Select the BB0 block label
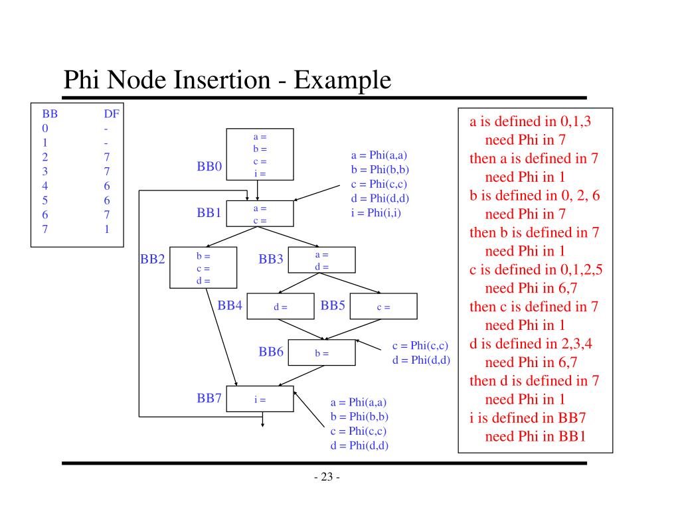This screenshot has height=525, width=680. coord(209,167)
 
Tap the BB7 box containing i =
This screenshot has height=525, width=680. coord(260,399)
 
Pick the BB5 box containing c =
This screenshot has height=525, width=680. coord(383,307)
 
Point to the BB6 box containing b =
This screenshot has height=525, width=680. coord(322,353)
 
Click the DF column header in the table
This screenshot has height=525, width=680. coord(111,114)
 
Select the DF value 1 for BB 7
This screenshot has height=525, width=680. coord(106,230)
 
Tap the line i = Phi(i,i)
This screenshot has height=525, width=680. coord(377,213)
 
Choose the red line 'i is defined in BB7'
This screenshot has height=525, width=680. coord(527,418)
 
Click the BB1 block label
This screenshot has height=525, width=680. coord(209,213)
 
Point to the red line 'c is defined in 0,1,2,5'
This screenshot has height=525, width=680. coord(535,269)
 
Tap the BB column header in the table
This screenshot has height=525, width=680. coord(50,114)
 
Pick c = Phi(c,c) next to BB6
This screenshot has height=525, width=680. coord(420,346)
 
